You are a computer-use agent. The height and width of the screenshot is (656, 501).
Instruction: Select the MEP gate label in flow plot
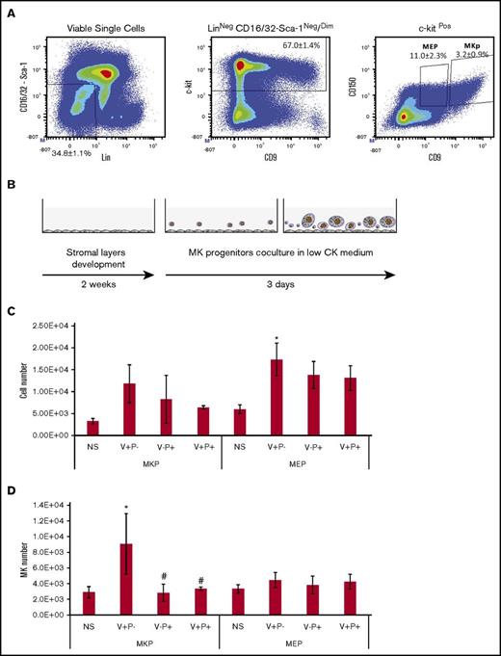pyautogui.click(x=428, y=44)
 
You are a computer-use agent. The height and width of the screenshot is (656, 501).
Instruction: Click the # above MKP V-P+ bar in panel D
pyautogui.click(x=186, y=579)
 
